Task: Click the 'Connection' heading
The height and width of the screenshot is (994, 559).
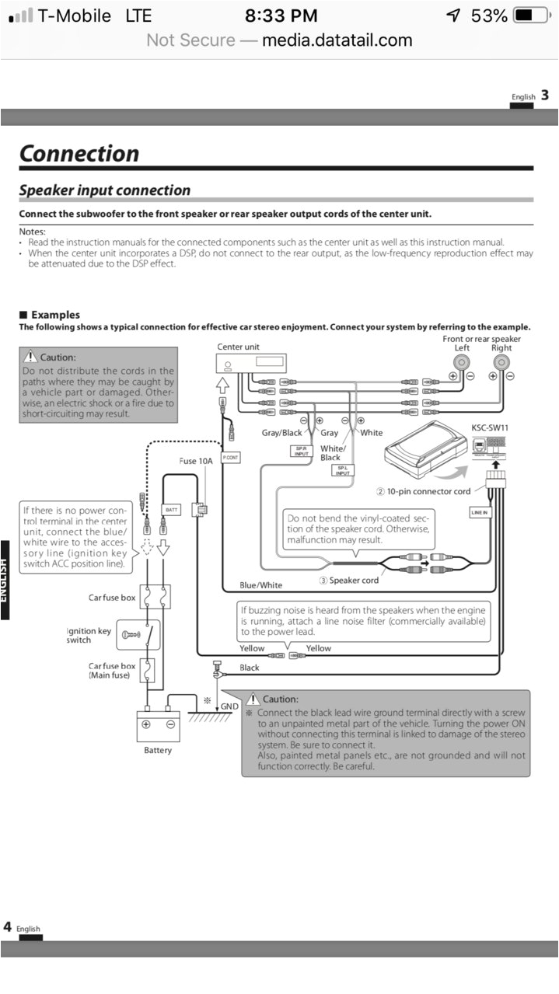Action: (79, 153)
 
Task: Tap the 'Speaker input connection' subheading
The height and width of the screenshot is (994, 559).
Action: (104, 190)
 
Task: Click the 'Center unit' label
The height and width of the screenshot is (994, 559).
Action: (239, 347)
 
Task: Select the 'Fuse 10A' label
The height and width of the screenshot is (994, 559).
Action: (196, 461)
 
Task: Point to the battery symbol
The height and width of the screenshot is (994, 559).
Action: (159, 725)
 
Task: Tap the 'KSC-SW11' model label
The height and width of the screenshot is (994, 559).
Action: (491, 427)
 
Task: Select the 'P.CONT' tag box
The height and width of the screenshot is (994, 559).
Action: (230, 459)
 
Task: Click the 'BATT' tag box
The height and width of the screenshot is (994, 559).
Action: (172, 510)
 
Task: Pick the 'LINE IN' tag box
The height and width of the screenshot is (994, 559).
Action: (480, 513)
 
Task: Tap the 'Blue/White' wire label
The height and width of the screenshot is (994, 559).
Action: (261, 585)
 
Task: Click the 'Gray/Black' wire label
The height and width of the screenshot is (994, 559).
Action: (281, 433)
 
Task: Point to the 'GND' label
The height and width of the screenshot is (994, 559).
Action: (229, 706)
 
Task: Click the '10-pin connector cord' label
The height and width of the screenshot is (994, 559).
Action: (423, 491)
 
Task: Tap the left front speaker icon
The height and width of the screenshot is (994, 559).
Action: (462, 362)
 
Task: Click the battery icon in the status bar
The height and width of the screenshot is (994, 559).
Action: (532, 16)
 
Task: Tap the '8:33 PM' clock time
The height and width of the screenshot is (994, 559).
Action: (281, 16)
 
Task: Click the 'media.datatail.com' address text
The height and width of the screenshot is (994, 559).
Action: (337, 40)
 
